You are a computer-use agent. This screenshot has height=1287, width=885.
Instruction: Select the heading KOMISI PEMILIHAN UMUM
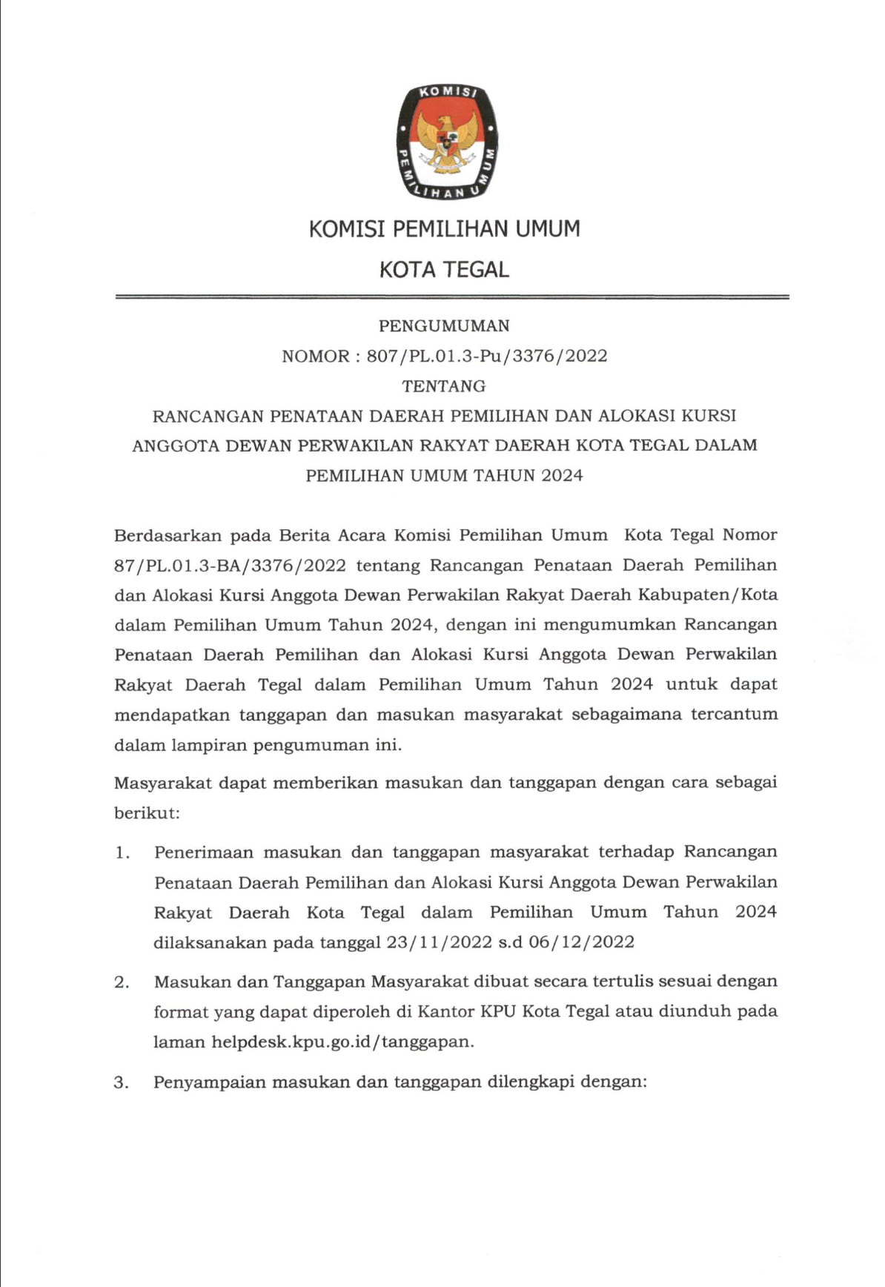coord(444,229)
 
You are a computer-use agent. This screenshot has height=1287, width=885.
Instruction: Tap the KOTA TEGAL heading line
coord(444,269)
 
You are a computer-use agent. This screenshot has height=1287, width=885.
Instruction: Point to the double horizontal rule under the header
coord(452,297)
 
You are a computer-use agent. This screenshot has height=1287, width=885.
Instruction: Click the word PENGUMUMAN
coord(444,325)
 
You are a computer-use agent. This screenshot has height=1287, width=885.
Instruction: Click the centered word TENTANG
coord(444,386)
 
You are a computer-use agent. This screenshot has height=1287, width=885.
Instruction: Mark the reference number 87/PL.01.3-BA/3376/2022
coord(230,565)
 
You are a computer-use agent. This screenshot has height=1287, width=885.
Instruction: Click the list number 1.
coord(122,853)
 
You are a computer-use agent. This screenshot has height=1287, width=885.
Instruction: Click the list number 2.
coord(122,982)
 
